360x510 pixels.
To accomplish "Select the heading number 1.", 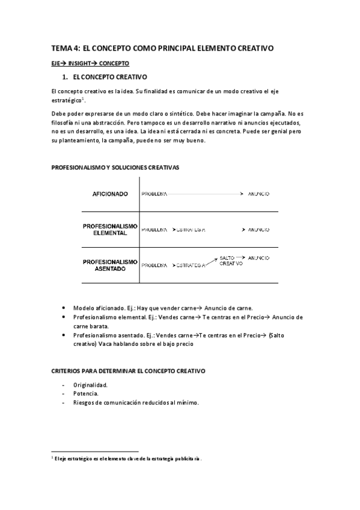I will pos(65,78).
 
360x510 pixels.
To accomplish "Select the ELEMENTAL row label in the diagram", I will pos(111,233).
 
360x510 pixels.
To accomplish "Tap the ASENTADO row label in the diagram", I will pos(111,269).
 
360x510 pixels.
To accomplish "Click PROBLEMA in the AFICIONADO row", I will pos(154,194).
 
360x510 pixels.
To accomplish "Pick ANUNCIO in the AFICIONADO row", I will pos(258,194).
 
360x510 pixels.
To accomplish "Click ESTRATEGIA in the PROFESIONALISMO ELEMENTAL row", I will pos(191,230).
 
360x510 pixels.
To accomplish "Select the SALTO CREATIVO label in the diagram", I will pos(231,260).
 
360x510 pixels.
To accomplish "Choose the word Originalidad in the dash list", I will pos(90,384).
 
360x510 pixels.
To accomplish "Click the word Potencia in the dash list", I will pos(85,393).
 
